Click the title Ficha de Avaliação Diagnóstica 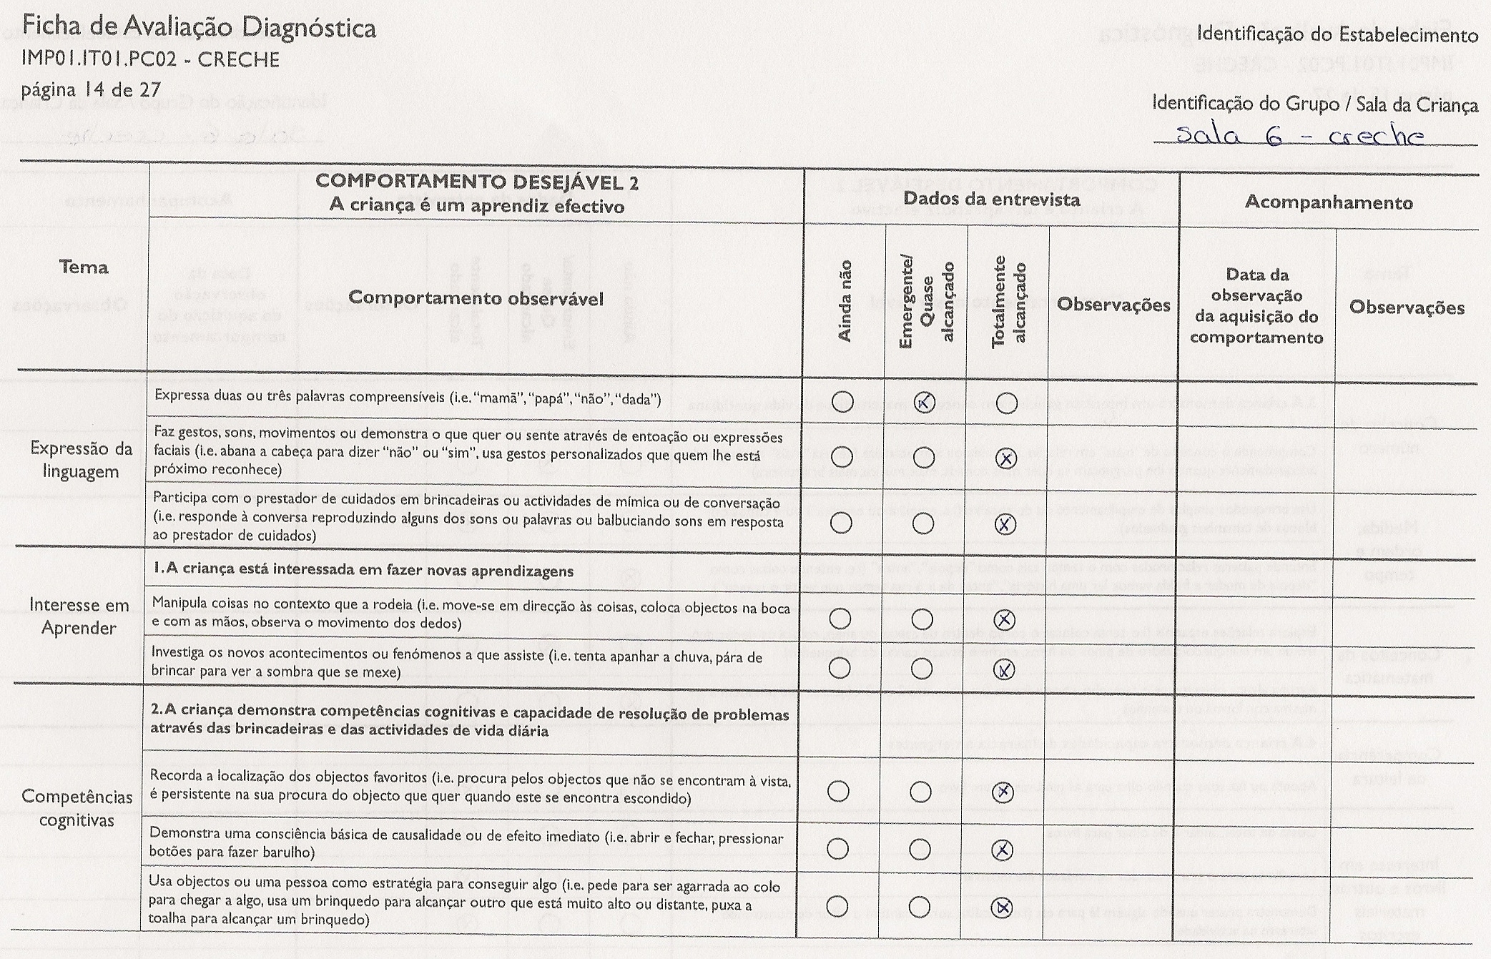199,29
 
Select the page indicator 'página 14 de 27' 91,90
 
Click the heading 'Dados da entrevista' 991,200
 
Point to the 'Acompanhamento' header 1329,202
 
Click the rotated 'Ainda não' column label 845,301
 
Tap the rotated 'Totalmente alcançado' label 1009,301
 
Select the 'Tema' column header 84,267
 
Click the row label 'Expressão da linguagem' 81,460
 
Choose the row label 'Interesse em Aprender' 79,616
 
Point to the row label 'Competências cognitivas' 77,808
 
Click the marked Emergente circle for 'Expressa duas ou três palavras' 925,403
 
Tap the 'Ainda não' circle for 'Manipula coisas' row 840,618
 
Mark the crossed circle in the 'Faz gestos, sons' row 1006,458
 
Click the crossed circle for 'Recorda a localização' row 1004,792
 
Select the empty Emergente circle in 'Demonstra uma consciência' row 920,849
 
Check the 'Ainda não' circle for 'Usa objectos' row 838,907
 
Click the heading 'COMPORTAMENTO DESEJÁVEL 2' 477,182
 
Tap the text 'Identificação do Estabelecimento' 1337,34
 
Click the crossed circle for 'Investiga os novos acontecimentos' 1005,669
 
